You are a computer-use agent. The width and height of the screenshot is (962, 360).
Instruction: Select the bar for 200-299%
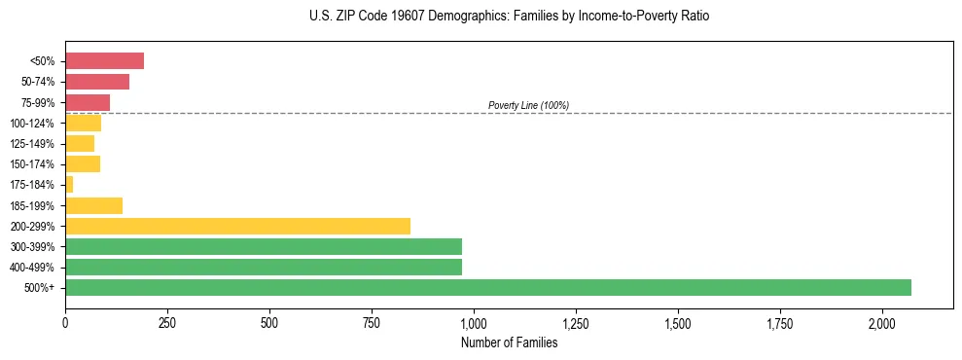[237, 226]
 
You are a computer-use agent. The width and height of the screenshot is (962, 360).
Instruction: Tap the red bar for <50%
[104, 61]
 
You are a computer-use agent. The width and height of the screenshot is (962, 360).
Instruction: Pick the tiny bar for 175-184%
[69, 184]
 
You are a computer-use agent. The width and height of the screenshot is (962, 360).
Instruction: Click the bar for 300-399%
[264, 246]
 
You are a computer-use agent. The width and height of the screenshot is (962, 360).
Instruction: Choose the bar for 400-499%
[264, 267]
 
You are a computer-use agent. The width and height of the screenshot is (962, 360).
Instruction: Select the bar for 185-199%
[93, 205]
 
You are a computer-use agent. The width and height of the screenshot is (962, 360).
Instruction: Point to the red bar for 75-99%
[88, 102]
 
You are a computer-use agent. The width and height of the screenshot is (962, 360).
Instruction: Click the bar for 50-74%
[97, 82]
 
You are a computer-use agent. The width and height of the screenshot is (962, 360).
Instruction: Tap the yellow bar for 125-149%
[80, 143]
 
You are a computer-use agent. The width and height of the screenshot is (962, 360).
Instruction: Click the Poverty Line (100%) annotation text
[528, 105]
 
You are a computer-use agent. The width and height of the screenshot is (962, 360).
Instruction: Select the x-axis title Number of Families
[509, 342]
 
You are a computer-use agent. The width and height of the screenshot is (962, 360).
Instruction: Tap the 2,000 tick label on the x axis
[882, 323]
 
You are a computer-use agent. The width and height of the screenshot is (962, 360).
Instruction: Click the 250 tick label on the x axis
[167, 323]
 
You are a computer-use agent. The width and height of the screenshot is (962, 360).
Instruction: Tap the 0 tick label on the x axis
[65, 323]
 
